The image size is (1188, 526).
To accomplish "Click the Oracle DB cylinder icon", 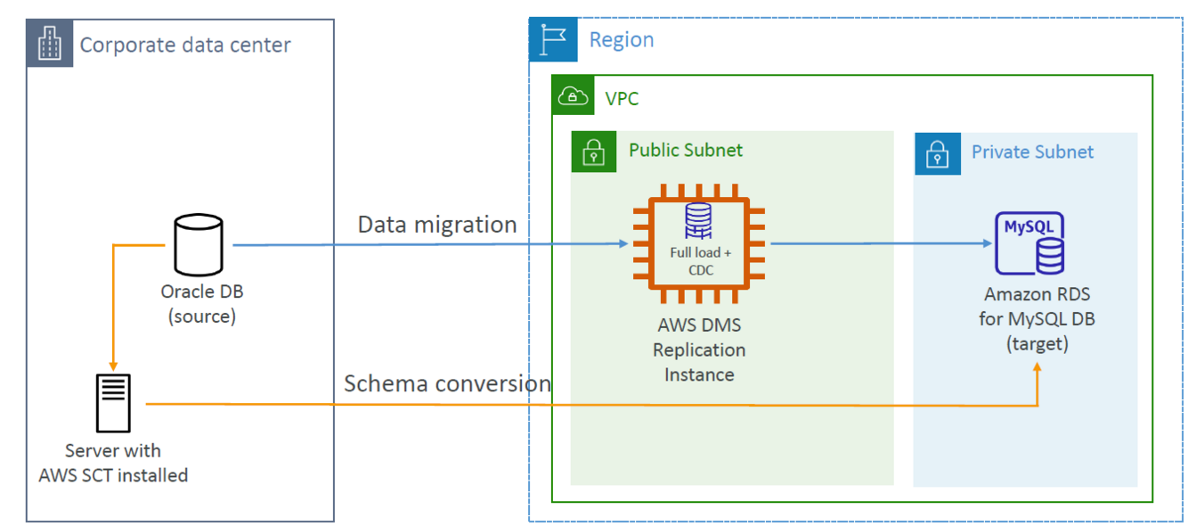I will coord(202,246).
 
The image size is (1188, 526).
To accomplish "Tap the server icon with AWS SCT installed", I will coord(113,404).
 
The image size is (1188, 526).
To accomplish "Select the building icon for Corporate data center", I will coord(50,45).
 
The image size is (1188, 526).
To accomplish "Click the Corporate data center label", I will coord(185,45).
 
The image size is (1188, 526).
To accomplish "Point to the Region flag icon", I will coord(553,40).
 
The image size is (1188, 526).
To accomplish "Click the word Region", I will coord(622,40).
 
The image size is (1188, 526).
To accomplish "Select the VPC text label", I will coord(622,98).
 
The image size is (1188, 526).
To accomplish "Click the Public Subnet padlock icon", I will coord(593,152).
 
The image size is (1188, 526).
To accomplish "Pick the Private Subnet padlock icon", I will coord(936,154).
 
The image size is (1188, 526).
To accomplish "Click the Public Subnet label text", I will coord(686,150).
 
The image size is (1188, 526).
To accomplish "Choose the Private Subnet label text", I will coord(1032,152).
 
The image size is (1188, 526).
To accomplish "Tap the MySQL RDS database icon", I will coord(1030,243).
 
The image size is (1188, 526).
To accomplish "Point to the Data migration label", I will coord(437,225).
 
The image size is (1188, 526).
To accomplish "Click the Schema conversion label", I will coord(447,383).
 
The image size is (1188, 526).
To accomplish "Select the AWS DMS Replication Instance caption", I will coord(699,349).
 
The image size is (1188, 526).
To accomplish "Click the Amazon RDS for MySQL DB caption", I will coord(1037,318).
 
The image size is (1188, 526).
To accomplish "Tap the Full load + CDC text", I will coord(701,261).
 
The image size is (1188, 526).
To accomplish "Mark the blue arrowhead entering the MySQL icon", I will coord(987,243).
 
